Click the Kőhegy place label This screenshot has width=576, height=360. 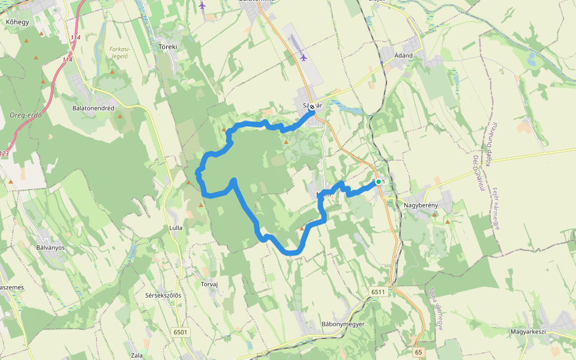[17, 22]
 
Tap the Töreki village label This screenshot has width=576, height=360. [167, 46]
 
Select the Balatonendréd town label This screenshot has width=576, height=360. [93, 108]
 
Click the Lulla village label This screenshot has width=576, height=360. [176, 228]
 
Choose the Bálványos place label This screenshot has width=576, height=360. [50, 247]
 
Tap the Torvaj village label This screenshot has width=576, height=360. [209, 285]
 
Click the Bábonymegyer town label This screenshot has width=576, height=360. [343, 324]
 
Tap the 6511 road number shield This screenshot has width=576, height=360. [377, 292]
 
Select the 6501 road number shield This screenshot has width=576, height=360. [180, 332]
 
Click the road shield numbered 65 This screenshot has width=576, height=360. [418, 352]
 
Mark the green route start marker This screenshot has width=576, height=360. [378, 181]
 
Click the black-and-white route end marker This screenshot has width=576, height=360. [312, 106]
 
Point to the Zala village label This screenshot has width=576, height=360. [137, 355]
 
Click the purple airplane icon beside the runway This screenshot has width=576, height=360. [304, 58]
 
